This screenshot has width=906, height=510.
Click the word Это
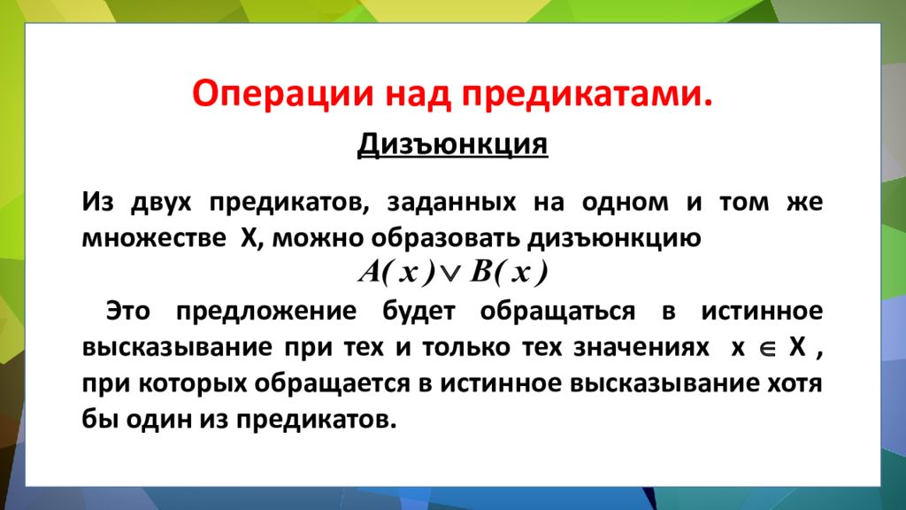click(127, 311)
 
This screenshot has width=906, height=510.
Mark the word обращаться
click(557, 311)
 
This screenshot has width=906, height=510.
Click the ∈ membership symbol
click(766, 348)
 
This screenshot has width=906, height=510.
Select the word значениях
click(649, 347)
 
